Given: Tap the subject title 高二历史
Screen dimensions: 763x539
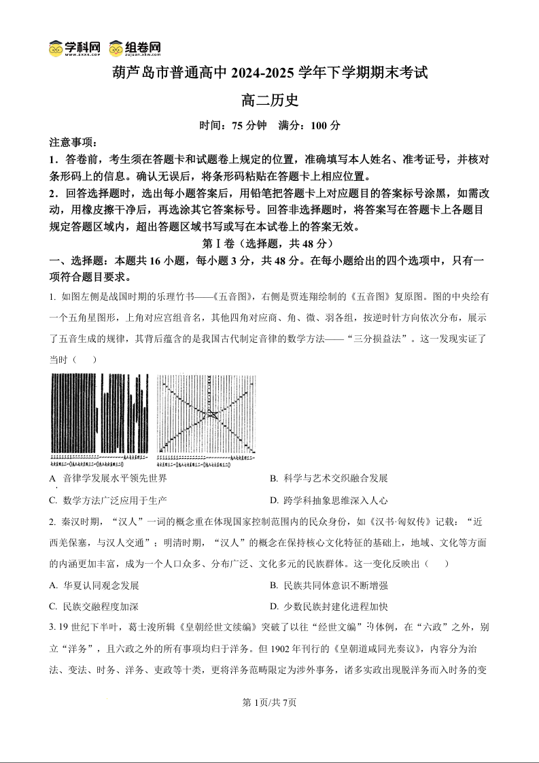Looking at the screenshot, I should pos(270,101).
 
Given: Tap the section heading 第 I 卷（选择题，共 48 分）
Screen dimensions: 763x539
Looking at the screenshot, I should pos(269,243).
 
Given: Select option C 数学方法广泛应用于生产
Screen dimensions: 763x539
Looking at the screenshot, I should pos(108,501).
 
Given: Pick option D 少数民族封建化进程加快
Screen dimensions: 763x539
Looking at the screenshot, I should pos(328,607).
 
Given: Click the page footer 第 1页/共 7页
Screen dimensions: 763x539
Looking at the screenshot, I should pos(270,702).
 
